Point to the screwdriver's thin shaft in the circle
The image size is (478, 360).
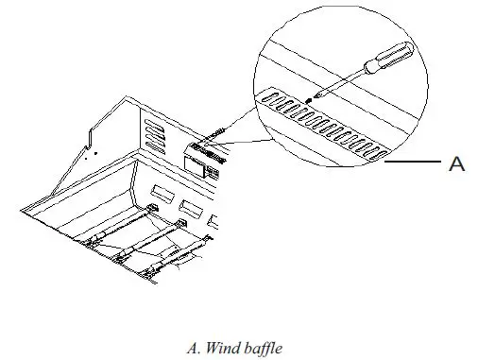tap(331, 81)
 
